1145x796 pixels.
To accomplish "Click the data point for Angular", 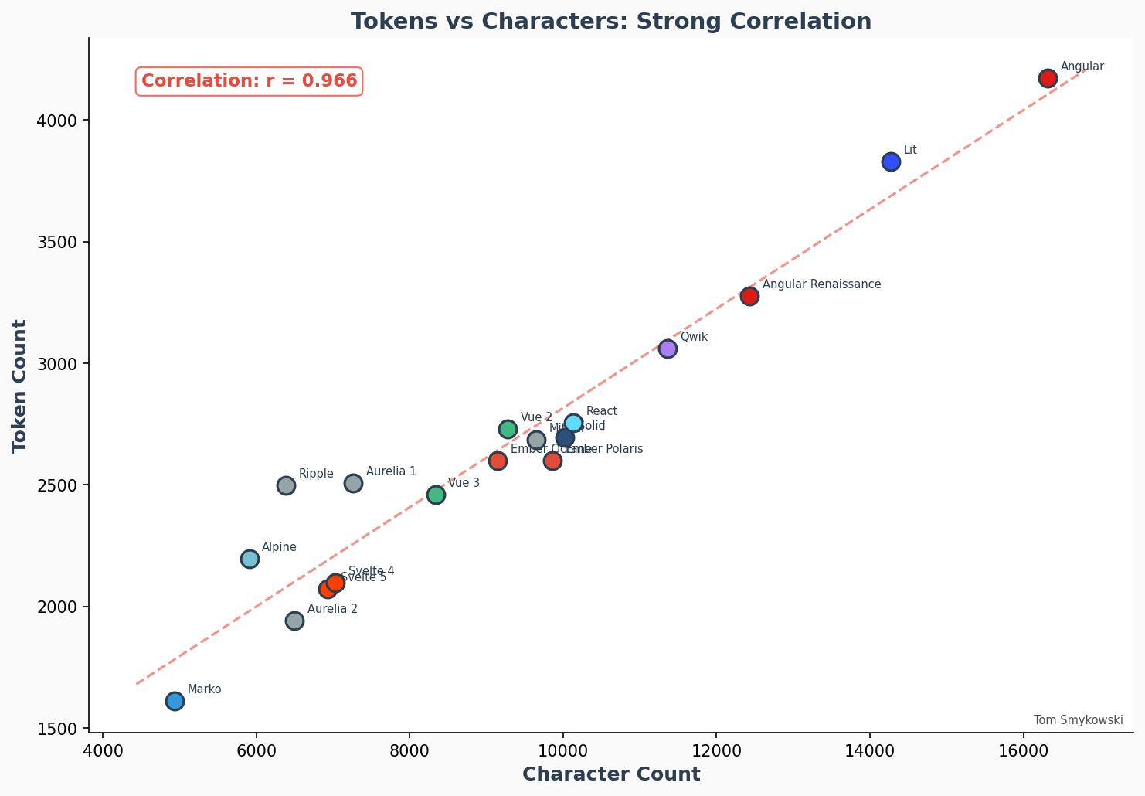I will coord(1048,78).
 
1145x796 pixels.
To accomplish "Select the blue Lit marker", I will coord(891,162).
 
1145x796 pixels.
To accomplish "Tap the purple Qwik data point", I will coord(668,349).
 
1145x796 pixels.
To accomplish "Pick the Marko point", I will coord(175,701).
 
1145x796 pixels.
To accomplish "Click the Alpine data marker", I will coord(250,559).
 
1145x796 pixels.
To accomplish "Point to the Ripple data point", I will coord(286,485).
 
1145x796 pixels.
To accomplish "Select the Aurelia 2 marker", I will coord(294,621).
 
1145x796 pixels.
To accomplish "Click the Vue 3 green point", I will coord(436,495).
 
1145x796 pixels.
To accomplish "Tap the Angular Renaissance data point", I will coord(749,296).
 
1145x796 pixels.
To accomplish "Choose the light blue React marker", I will coord(573,423).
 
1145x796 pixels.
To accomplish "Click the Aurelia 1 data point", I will coord(353,483).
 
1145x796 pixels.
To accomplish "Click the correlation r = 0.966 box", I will coord(249,81).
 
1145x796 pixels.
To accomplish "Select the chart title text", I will coord(610,21).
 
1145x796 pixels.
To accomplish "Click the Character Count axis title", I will coord(610,774).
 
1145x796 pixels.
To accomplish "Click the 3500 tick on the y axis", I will coord(57,242).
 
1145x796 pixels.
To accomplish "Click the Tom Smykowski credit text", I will coord(1078,720).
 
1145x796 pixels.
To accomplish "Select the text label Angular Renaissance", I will coord(821,284).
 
